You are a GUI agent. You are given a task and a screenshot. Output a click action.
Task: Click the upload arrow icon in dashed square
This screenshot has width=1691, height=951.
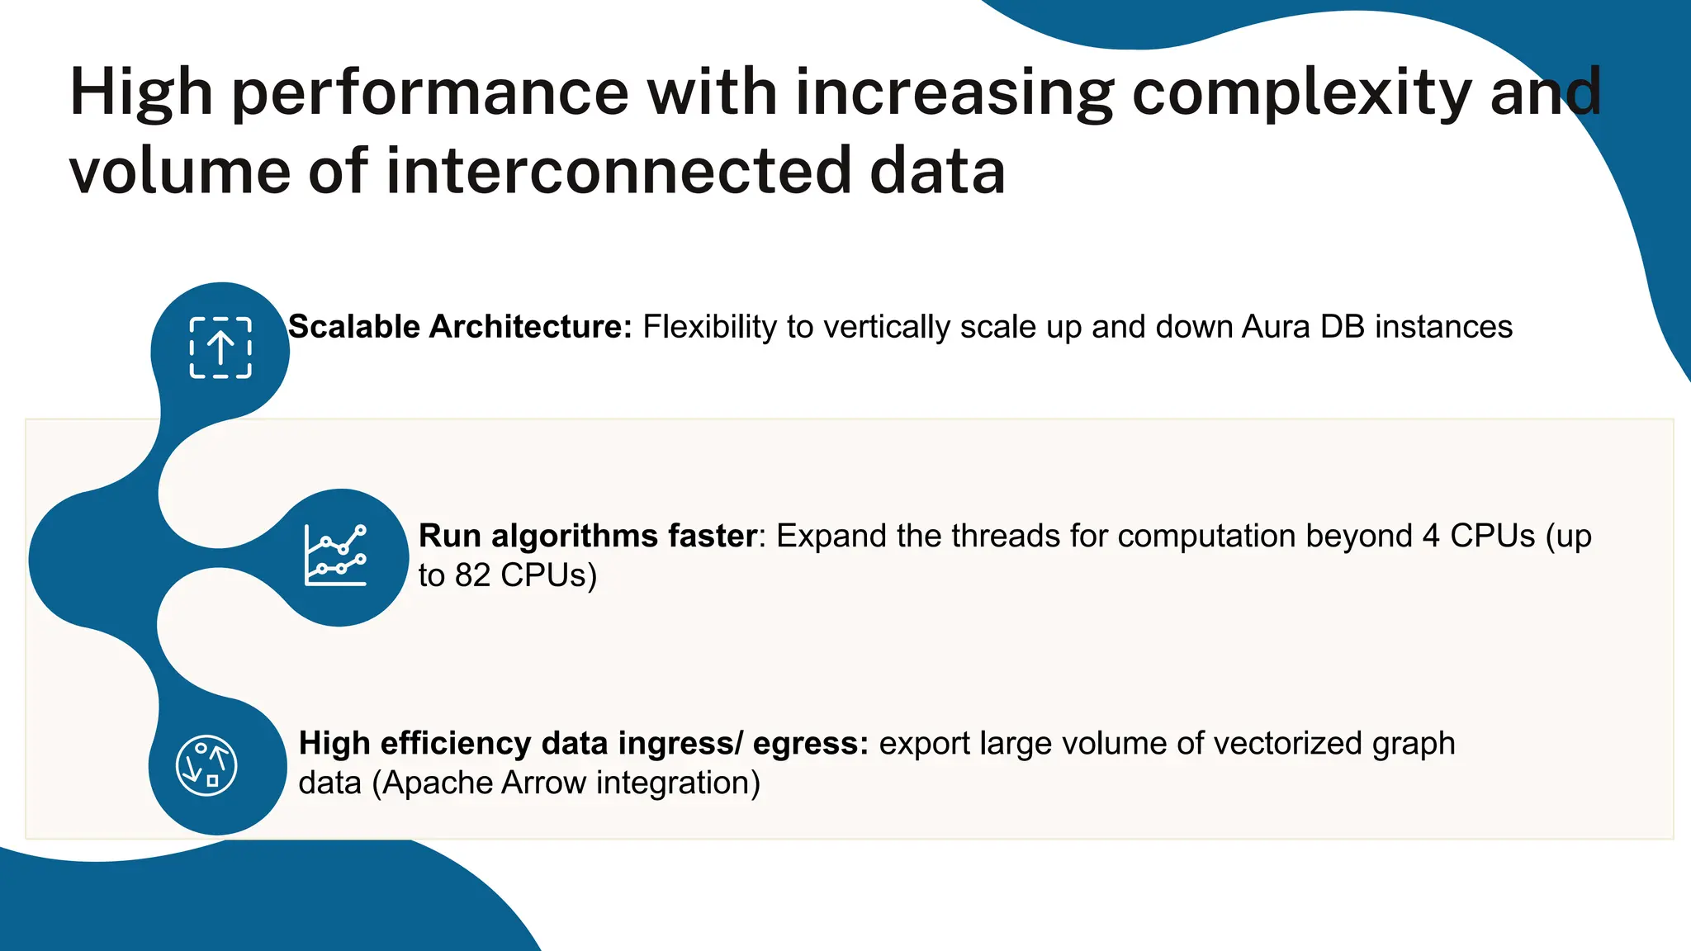tap(220, 348)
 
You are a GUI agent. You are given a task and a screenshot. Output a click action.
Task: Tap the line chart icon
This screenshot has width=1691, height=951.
tap(335, 556)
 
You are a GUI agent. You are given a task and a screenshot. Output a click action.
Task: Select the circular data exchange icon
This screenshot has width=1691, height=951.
tap(206, 765)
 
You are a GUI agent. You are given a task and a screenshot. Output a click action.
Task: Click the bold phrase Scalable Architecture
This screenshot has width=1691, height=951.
tap(459, 327)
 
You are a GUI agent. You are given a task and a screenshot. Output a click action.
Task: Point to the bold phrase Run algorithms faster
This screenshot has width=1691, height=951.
tap(588, 536)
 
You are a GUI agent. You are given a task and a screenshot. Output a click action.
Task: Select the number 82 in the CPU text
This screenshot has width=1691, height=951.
tap(473, 575)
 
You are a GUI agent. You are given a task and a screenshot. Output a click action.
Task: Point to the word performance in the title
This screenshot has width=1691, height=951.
tap(430, 92)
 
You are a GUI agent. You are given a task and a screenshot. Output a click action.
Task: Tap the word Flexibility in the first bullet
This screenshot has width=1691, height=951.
tap(709, 327)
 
